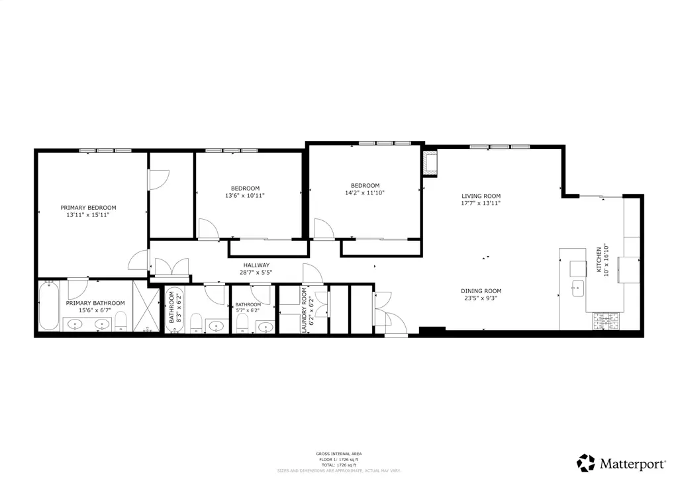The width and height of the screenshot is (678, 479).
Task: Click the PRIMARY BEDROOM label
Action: (88, 207)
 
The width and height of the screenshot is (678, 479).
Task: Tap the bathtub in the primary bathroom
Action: (49, 306)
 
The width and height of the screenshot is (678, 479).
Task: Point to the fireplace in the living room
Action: (431, 163)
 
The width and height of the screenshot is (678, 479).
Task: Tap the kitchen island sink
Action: (577, 288)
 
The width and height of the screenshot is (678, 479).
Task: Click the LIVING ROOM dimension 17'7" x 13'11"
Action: (481, 203)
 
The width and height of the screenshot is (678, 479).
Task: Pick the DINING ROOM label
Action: (481, 290)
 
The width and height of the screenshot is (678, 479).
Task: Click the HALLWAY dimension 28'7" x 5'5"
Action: (256, 272)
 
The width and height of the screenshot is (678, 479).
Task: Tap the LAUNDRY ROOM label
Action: (305, 309)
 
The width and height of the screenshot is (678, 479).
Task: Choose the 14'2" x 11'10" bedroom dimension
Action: (365, 193)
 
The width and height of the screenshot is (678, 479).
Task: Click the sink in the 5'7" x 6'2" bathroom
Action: (266, 326)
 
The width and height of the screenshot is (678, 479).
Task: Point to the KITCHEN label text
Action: (599, 259)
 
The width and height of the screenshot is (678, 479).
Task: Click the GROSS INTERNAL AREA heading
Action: (338, 454)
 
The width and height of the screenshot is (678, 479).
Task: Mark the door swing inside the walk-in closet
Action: (159, 179)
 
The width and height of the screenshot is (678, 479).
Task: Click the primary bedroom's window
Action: (105, 151)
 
